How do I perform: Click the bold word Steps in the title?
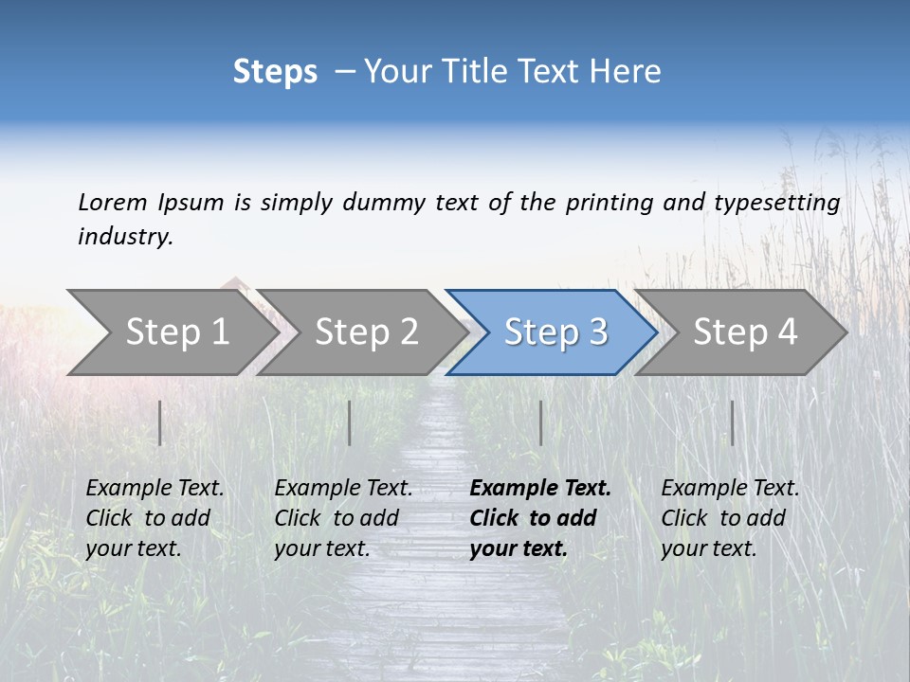point(275,72)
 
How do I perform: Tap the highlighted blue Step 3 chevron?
point(555,332)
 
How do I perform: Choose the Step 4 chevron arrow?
point(745,332)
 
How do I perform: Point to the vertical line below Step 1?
point(160,422)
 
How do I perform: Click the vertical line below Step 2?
point(350,422)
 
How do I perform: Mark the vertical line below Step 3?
point(540,422)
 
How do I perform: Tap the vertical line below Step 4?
point(732,422)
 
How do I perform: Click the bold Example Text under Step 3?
point(540,489)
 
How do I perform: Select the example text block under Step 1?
point(155,518)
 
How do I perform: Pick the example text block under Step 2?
point(343,518)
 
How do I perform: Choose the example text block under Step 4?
point(730,518)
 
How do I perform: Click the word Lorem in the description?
point(113,203)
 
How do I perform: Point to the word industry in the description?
point(125,237)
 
